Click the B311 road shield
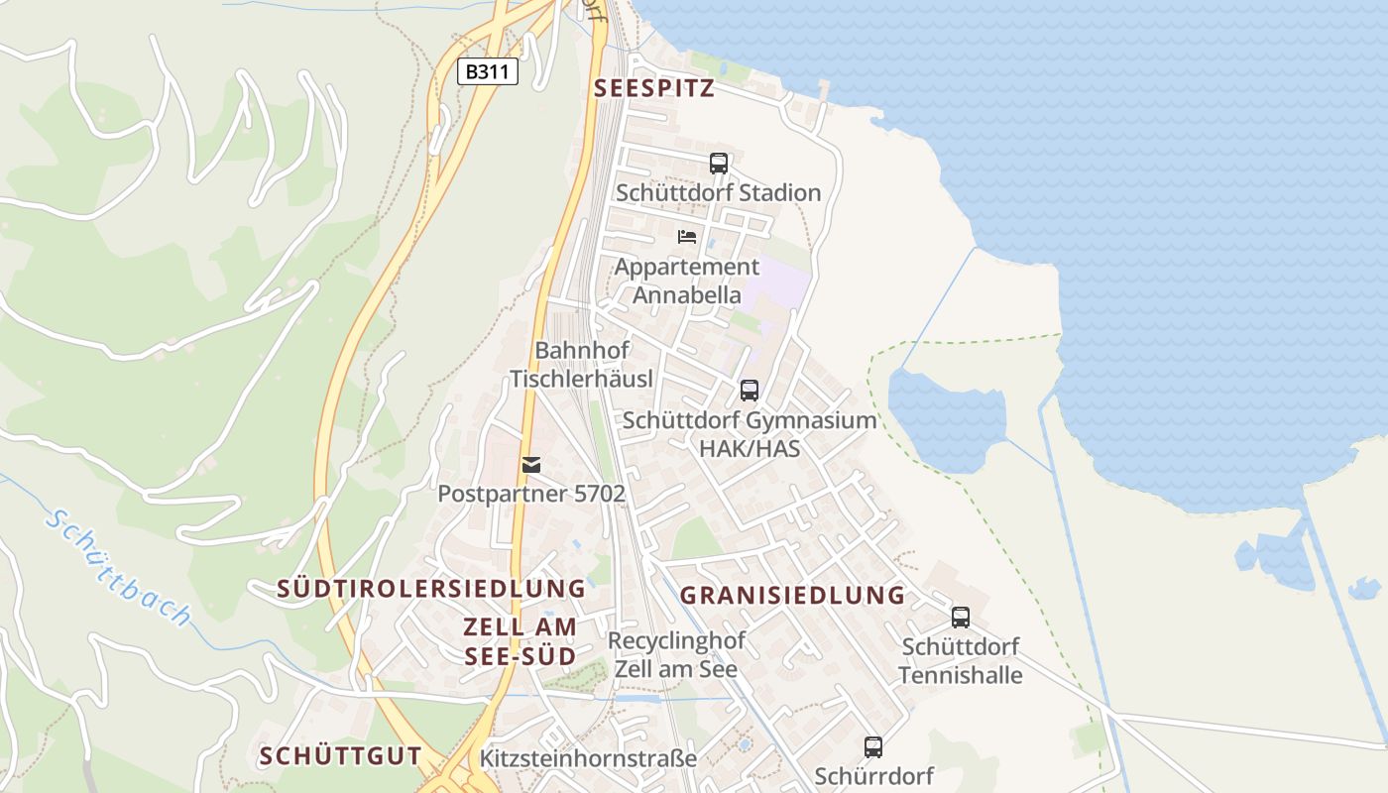click(488, 71)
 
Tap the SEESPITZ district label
click(654, 88)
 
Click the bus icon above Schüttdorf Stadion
click(719, 164)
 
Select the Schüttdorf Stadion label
click(719, 192)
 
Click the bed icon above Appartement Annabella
click(687, 237)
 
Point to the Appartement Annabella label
click(687, 281)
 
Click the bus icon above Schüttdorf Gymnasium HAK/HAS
click(750, 391)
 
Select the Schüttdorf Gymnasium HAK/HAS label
click(750, 433)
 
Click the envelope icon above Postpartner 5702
click(532, 465)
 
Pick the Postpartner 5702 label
click(532, 493)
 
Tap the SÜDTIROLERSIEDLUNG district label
click(431, 589)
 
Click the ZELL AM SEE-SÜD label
click(520, 641)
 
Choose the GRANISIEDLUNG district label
click(793, 596)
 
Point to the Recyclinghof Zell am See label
click(676, 654)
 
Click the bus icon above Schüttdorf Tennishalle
click(961, 618)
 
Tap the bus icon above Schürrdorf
click(873, 747)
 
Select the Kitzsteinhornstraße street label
click(588, 758)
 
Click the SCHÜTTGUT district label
click(340, 756)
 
